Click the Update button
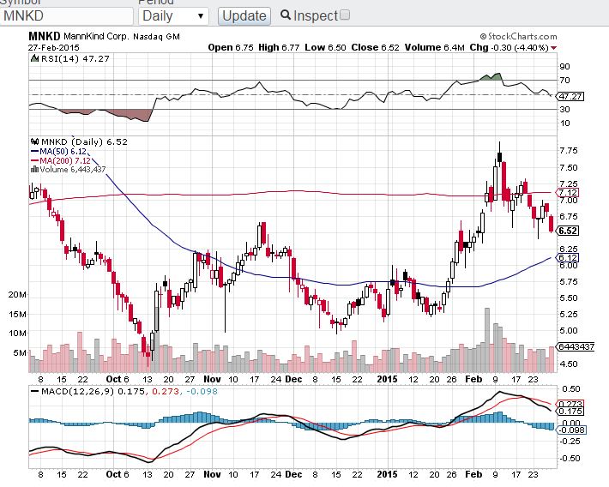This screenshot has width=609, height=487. pyautogui.click(x=244, y=15)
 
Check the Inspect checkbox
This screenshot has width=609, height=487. pyautogui.click(x=345, y=15)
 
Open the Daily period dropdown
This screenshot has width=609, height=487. pyautogui.click(x=172, y=15)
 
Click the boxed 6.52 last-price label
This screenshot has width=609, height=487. pyautogui.click(x=567, y=231)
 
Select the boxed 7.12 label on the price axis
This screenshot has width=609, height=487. pyautogui.click(x=568, y=192)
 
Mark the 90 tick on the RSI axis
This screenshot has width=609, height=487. pyautogui.click(x=565, y=66)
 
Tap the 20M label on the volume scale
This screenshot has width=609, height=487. pyautogui.click(x=16, y=294)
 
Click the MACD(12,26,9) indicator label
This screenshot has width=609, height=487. pyautogui.click(x=78, y=392)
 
